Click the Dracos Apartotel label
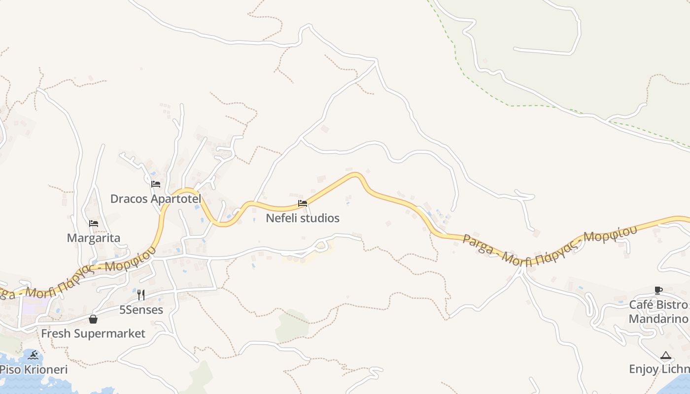[x=156, y=199]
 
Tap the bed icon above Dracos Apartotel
[x=156, y=184]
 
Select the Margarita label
[x=94, y=238]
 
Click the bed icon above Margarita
[x=94, y=224]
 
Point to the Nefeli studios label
[x=303, y=218]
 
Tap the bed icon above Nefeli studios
[x=303, y=203]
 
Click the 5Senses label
[x=141, y=310]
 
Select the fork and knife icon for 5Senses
[x=141, y=295]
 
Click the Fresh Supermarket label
[x=93, y=334]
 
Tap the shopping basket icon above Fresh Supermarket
[x=93, y=319]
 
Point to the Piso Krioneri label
[x=34, y=369]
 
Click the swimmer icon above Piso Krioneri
[x=34, y=355]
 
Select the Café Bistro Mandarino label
[x=658, y=312]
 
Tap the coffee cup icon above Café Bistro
[x=658, y=290]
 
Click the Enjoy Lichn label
[x=658, y=369]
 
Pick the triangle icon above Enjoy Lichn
[x=665, y=355]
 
